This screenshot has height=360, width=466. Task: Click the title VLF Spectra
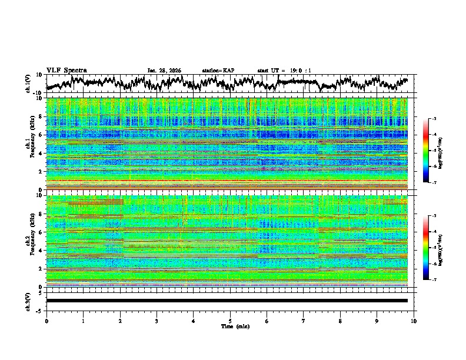click(x=66, y=70)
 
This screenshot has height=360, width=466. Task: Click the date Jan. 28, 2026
click(x=164, y=71)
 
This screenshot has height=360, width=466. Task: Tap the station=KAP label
click(x=218, y=71)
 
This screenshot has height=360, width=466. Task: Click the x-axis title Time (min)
click(x=230, y=326)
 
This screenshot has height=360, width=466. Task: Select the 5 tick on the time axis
click(x=230, y=321)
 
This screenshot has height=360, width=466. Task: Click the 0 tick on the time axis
click(x=46, y=321)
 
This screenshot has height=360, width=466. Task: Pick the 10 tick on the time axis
click(x=414, y=321)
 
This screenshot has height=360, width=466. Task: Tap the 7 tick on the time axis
click(x=304, y=321)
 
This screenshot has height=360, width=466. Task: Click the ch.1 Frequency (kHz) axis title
click(x=31, y=144)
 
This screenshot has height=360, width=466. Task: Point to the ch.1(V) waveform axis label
click(x=28, y=84)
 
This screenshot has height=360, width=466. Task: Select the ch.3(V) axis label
click(x=28, y=301)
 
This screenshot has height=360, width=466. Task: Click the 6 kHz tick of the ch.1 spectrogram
click(x=41, y=135)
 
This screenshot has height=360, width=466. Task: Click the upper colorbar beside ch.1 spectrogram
click(x=426, y=151)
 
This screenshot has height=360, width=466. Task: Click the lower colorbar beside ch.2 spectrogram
click(x=426, y=248)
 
